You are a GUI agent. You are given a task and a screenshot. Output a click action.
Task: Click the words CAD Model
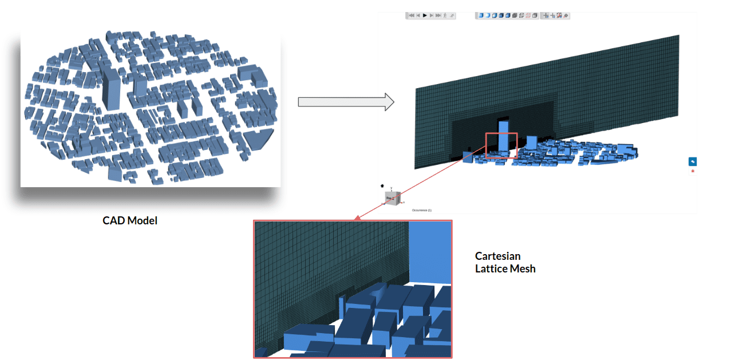130,220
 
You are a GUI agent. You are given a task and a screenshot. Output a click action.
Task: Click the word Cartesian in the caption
497,256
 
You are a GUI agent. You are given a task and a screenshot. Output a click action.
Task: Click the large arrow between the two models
346,102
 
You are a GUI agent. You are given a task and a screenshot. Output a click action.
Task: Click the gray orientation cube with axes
392,198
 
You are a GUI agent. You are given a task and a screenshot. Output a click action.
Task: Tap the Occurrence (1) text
421,210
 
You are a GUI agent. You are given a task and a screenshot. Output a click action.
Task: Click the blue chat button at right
692,161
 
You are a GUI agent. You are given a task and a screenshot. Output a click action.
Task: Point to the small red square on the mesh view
501,145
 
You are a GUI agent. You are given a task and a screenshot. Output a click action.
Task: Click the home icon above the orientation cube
382,186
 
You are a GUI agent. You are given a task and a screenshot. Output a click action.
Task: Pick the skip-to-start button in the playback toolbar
411,15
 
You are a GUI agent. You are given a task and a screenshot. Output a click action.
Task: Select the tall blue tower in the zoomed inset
430,252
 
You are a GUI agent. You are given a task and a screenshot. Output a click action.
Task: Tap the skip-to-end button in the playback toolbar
438,15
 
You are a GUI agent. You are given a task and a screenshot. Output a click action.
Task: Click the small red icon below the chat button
693,171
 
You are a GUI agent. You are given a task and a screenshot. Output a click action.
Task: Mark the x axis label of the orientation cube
404,203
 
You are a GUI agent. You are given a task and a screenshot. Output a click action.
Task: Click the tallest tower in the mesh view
503,135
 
